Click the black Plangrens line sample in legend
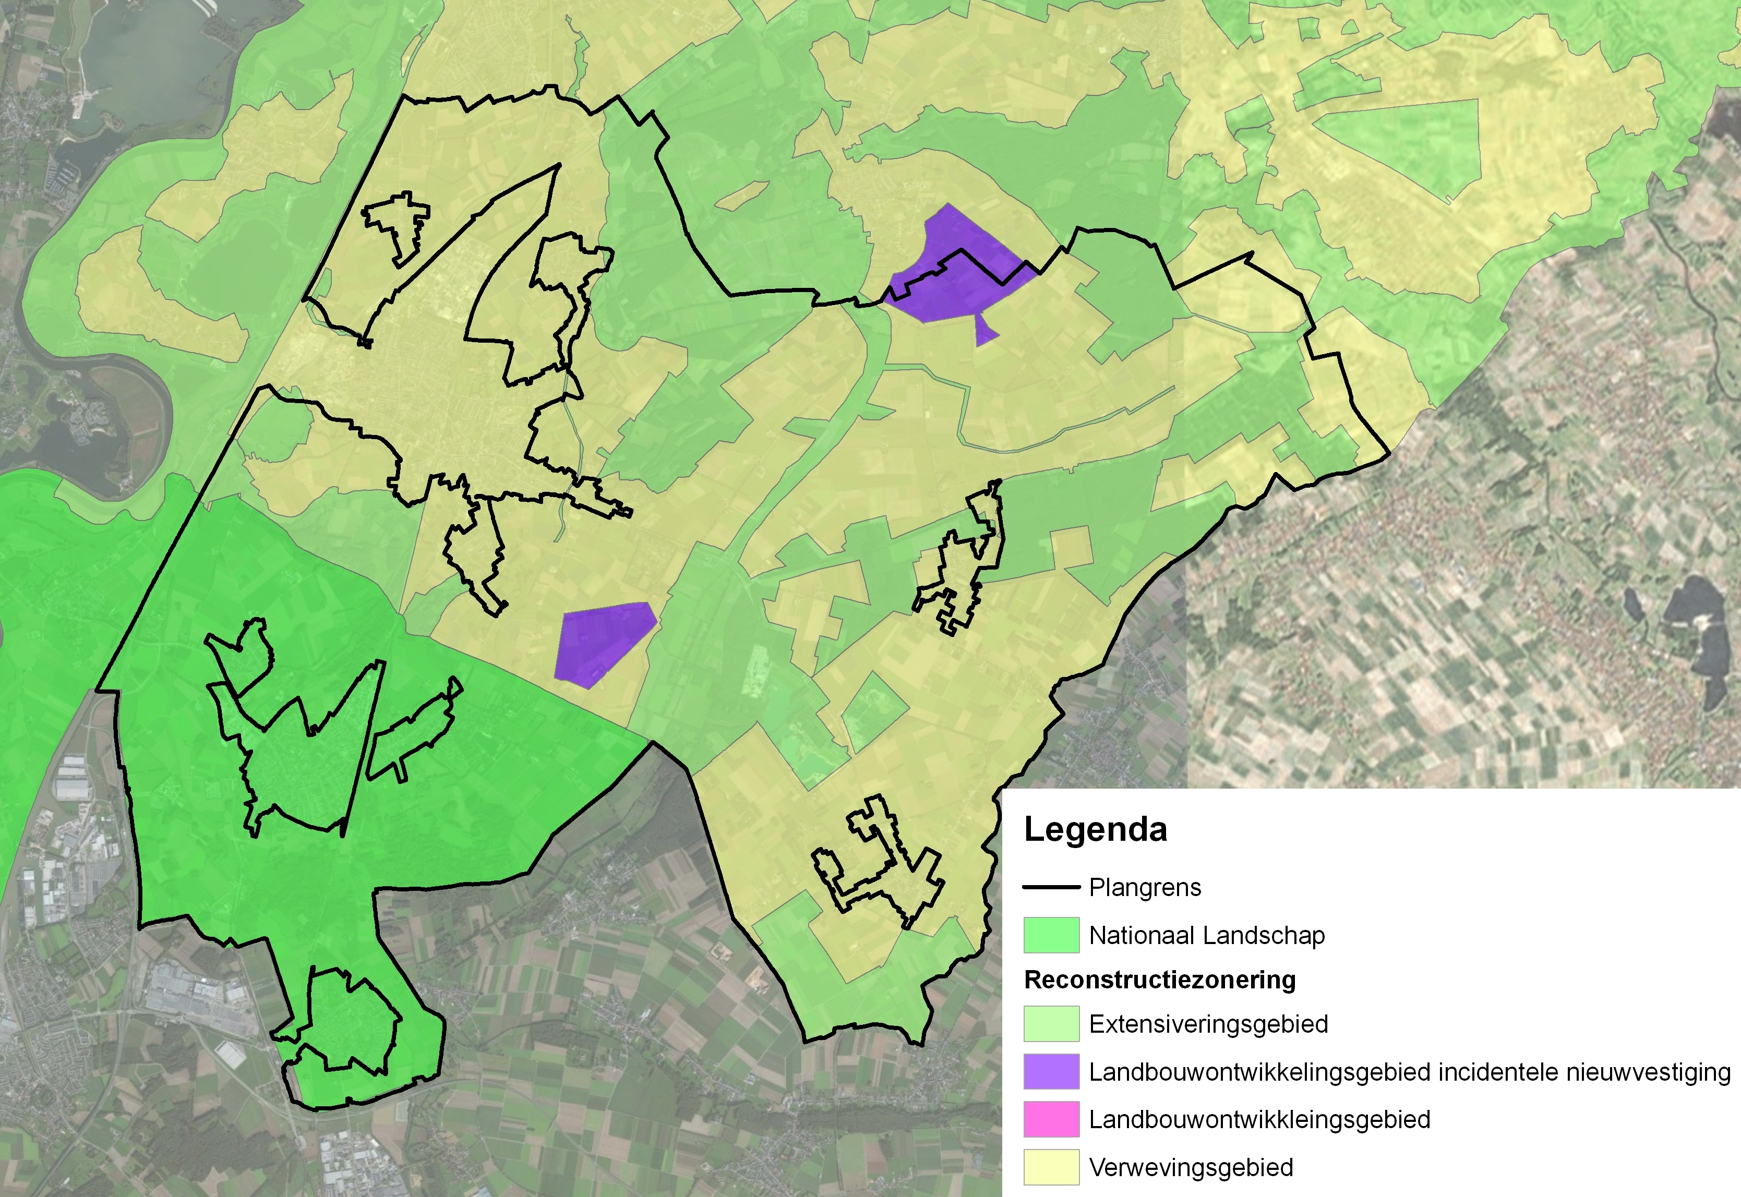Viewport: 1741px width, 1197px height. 1051,887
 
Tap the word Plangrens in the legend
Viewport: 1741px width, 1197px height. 1145,887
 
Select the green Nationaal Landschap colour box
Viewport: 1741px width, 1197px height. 1051,935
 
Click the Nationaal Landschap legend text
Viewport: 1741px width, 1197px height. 1206,935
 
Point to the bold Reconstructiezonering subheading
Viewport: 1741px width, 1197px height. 1160,980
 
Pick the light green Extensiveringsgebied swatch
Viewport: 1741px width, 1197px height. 1051,1024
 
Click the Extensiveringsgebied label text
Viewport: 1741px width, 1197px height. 1208,1024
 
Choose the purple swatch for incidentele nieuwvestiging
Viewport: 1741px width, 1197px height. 1051,1072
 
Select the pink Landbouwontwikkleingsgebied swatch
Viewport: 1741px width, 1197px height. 1051,1119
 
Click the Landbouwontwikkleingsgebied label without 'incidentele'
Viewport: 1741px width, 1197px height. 1259,1119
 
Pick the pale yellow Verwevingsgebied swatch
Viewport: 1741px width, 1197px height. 1051,1167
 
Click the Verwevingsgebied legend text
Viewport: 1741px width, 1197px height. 1191,1167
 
